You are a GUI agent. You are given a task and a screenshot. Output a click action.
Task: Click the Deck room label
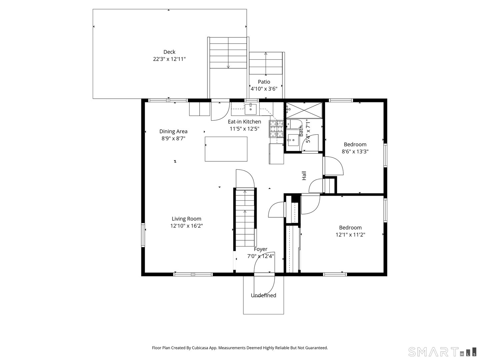tap(169, 52)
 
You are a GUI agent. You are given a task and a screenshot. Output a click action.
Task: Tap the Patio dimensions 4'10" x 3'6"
tap(264, 89)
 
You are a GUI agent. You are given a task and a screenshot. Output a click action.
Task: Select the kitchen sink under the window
tap(251, 108)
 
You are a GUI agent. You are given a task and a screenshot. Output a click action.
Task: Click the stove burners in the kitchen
tap(276, 129)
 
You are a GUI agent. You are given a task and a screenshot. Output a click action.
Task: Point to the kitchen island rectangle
tap(226, 149)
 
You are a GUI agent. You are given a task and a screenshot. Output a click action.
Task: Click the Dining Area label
tap(173, 131)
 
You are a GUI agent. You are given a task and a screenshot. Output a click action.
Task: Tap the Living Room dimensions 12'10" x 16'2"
tap(186, 226)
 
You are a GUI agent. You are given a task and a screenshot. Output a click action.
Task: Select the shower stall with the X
tap(304, 110)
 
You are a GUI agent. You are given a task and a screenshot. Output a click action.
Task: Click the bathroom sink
tap(294, 140)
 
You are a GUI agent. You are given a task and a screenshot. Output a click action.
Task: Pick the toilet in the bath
tap(294, 124)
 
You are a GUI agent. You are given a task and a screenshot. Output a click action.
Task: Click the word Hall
tap(304, 176)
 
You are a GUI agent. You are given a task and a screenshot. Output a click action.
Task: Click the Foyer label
tap(260, 249)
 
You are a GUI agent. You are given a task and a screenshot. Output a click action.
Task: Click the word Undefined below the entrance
tap(263, 295)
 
